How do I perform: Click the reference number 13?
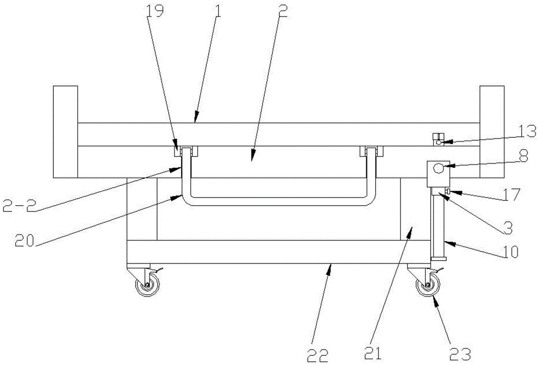(514, 131)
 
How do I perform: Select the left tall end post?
(65, 131)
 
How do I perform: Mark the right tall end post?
(492, 131)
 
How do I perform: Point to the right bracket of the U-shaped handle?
(371, 152)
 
